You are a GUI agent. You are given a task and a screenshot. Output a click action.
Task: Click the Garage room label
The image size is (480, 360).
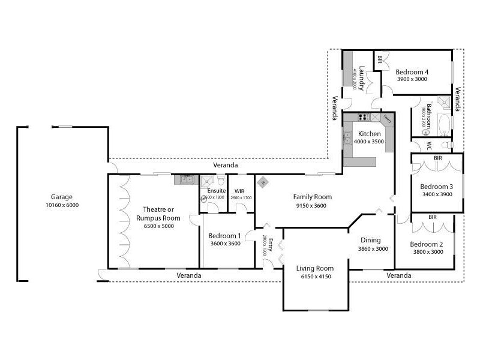(62, 197)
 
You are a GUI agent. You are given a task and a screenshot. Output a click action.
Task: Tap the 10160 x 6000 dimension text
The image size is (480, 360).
(62, 205)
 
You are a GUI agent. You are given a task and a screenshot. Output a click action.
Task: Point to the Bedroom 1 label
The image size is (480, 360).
(226, 236)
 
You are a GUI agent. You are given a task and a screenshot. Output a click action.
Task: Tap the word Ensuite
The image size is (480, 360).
(216, 191)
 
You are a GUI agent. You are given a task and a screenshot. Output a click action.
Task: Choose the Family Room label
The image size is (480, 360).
(312, 197)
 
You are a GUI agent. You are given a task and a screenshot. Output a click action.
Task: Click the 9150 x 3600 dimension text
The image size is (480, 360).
(312, 205)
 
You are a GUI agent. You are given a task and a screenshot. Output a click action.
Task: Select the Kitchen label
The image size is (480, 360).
(369, 133)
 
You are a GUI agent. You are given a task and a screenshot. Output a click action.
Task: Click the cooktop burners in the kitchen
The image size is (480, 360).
(362, 117)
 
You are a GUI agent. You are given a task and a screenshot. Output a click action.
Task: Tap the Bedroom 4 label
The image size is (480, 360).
(412, 72)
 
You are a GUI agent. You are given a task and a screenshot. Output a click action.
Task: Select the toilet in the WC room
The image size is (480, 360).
(446, 145)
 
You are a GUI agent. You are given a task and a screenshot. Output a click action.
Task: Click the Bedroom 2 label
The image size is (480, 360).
(426, 244)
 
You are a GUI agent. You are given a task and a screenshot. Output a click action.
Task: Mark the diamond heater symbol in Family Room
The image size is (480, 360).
(263, 183)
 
